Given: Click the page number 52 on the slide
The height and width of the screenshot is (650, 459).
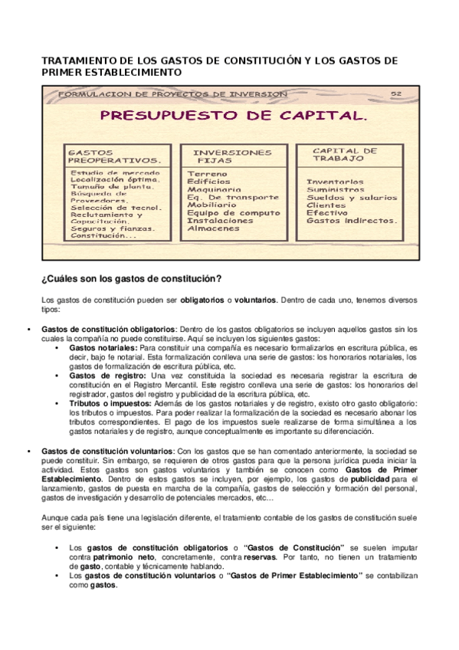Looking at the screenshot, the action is [x=396, y=94].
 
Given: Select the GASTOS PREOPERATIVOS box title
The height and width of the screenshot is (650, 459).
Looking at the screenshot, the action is [x=114, y=156].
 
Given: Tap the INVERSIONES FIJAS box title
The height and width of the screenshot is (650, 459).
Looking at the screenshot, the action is [x=233, y=157].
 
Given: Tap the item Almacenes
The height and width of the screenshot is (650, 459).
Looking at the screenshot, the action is [x=213, y=228].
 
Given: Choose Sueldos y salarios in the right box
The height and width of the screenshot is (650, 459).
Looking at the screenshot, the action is [x=350, y=198].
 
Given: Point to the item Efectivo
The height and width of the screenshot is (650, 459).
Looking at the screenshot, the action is [x=326, y=213].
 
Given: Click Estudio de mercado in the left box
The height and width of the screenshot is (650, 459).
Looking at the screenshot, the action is [x=115, y=173].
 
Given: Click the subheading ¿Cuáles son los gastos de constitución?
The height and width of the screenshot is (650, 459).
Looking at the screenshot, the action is [x=130, y=278].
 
